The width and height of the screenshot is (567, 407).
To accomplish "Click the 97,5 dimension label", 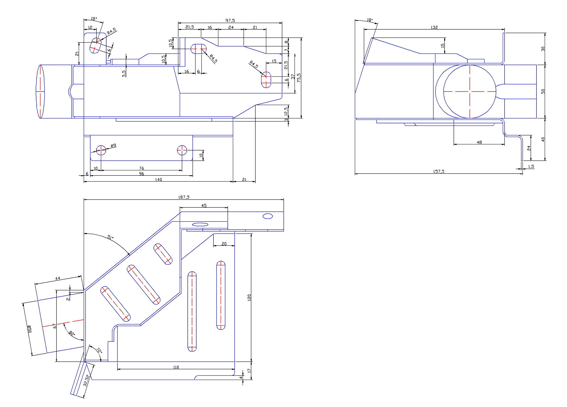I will pyautogui.click(x=230, y=20).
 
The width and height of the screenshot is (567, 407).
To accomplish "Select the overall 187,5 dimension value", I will pyautogui.click(x=184, y=197).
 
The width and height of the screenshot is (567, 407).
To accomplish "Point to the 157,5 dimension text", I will pyautogui.click(x=439, y=171).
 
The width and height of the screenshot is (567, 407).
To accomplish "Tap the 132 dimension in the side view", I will pyautogui.click(x=434, y=27).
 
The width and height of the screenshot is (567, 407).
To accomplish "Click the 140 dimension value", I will pyautogui.click(x=158, y=179).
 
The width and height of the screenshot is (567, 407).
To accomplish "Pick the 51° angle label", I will pyautogui.click(x=110, y=237).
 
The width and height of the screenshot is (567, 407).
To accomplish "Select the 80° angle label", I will pyautogui.click(x=72, y=333).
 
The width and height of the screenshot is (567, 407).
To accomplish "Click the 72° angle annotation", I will pyautogui.click(x=99, y=351).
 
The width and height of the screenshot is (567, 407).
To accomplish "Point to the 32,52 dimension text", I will pyautogui.click(x=86, y=380).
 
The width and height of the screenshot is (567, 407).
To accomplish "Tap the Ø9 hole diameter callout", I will pyautogui.click(x=113, y=145).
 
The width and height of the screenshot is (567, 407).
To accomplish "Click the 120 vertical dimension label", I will pyautogui.click(x=249, y=297).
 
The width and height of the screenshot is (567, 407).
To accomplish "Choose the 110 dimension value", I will pyautogui.click(x=176, y=367).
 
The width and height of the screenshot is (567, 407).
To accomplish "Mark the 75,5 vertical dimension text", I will pyautogui.click(x=299, y=78).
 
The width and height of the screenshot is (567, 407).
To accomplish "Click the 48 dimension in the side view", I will pyautogui.click(x=479, y=142).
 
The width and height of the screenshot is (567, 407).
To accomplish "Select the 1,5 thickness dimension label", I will pyautogui.click(x=531, y=166).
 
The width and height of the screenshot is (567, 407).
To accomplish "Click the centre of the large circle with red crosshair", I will pyautogui.click(x=470, y=91).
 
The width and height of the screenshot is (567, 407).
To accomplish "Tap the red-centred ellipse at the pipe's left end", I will pyautogui.click(x=40, y=91).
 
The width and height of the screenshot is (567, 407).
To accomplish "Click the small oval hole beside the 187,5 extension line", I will pyautogui.click(x=268, y=216).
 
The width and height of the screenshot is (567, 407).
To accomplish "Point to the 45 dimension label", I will pyautogui.click(x=204, y=205).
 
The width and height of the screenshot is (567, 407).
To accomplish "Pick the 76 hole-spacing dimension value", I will pyautogui.click(x=141, y=168).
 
